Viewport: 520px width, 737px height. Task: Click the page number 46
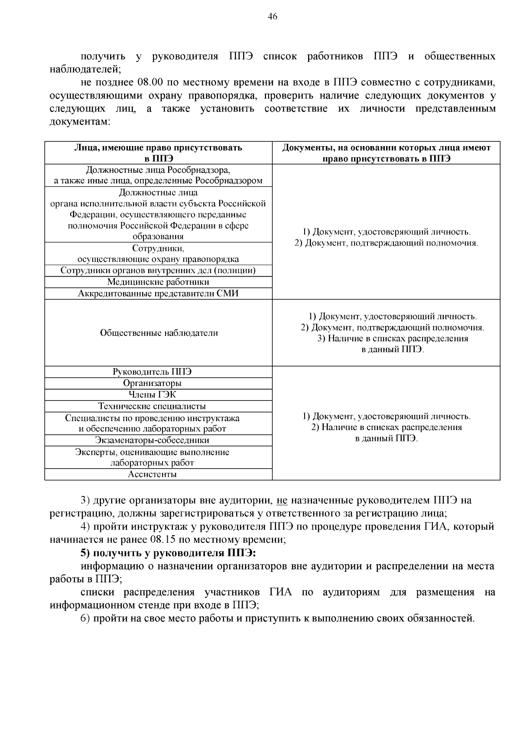click(273, 17)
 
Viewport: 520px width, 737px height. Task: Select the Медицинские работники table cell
click(158, 282)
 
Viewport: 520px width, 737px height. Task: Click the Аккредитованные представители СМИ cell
click(158, 293)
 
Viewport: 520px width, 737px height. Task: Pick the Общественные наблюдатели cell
click(159, 333)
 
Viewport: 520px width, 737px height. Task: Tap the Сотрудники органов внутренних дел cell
click(158, 271)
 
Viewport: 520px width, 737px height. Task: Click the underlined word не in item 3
click(282, 500)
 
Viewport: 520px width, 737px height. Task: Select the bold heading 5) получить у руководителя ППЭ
click(169, 553)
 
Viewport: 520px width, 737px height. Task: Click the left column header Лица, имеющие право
click(158, 153)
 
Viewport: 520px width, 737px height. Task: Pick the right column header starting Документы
click(386, 153)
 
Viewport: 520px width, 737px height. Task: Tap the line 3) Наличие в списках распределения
click(393, 339)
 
